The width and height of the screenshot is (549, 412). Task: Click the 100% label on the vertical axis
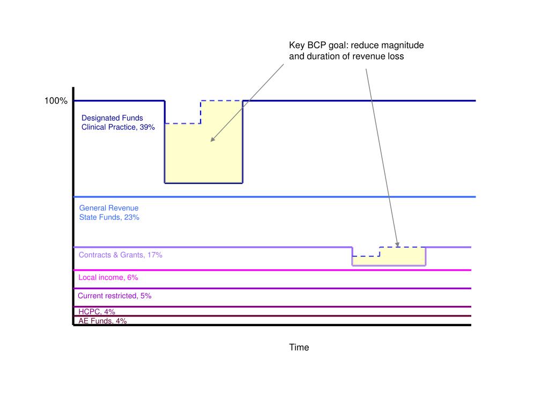(x=56, y=101)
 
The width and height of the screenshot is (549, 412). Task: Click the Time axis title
(x=299, y=347)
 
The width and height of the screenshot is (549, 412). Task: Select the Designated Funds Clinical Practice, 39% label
(x=118, y=123)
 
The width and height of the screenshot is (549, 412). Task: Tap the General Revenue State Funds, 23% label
(x=109, y=212)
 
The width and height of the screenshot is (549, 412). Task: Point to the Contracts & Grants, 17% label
(x=120, y=255)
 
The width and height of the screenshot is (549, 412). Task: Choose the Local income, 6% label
(x=108, y=277)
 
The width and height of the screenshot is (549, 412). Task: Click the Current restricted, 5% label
(x=114, y=296)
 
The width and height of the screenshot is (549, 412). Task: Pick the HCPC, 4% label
(x=97, y=312)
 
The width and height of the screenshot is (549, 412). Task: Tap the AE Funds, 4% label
(x=102, y=321)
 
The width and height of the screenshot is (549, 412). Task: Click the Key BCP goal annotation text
(x=356, y=50)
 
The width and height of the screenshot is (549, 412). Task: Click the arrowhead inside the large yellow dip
(x=212, y=139)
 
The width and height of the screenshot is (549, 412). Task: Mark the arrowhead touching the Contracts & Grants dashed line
(x=397, y=244)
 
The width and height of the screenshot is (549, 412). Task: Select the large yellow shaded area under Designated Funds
(x=204, y=156)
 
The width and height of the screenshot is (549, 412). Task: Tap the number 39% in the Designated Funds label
(x=147, y=127)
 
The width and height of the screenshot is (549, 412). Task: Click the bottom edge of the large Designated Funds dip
(x=204, y=183)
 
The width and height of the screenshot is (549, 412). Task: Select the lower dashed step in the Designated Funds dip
(x=183, y=124)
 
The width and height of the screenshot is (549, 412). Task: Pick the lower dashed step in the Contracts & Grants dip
(x=366, y=256)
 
